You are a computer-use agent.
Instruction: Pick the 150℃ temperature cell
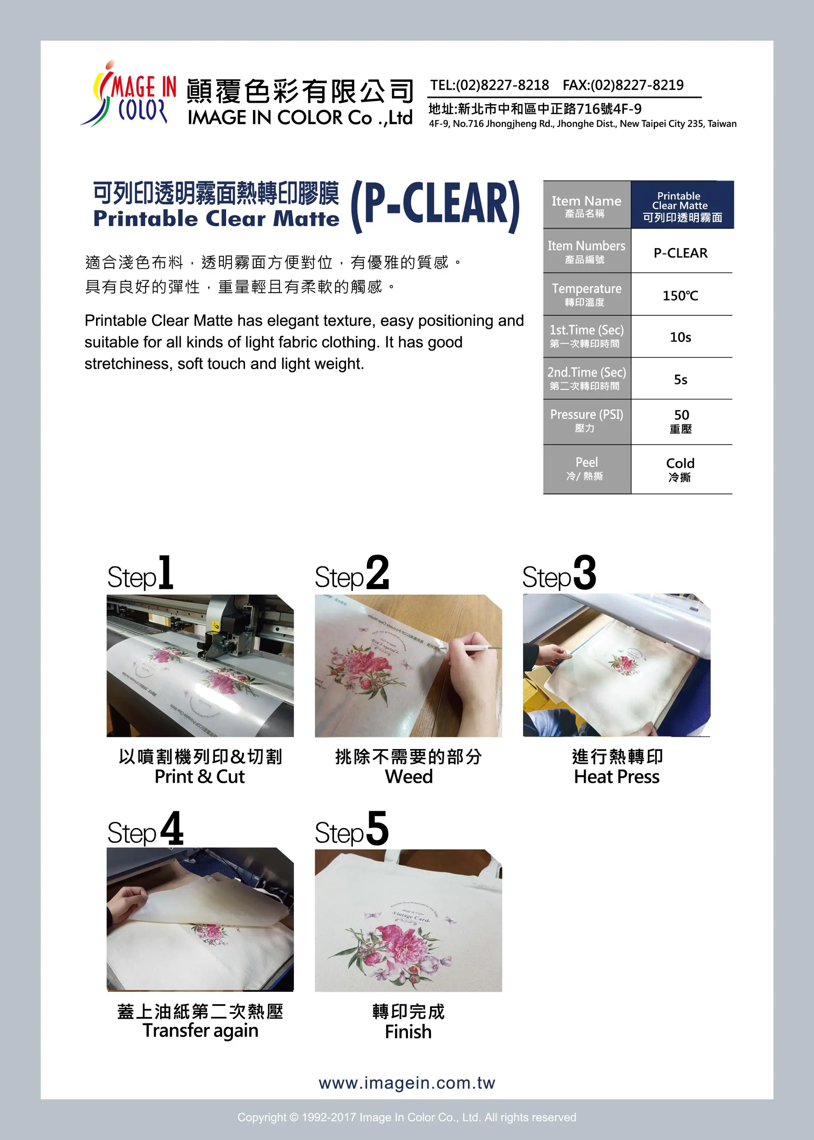(x=680, y=295)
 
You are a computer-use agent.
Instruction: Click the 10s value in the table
(x=680, y=337)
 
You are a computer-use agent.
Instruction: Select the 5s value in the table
(x=680, y=380)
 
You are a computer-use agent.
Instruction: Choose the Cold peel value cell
(x=680, y=469)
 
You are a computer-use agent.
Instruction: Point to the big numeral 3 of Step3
(x=585, y=573)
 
